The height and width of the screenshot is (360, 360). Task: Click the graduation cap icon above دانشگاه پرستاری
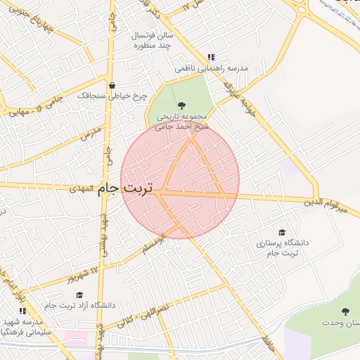click(282, 232)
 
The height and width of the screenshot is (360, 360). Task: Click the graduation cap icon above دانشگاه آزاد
click(79, 295)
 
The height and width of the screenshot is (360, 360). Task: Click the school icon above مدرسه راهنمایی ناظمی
click(210, 58)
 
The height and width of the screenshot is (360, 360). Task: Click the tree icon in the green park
click(182, 105)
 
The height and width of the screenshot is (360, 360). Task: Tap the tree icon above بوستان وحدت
click(345, 311)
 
